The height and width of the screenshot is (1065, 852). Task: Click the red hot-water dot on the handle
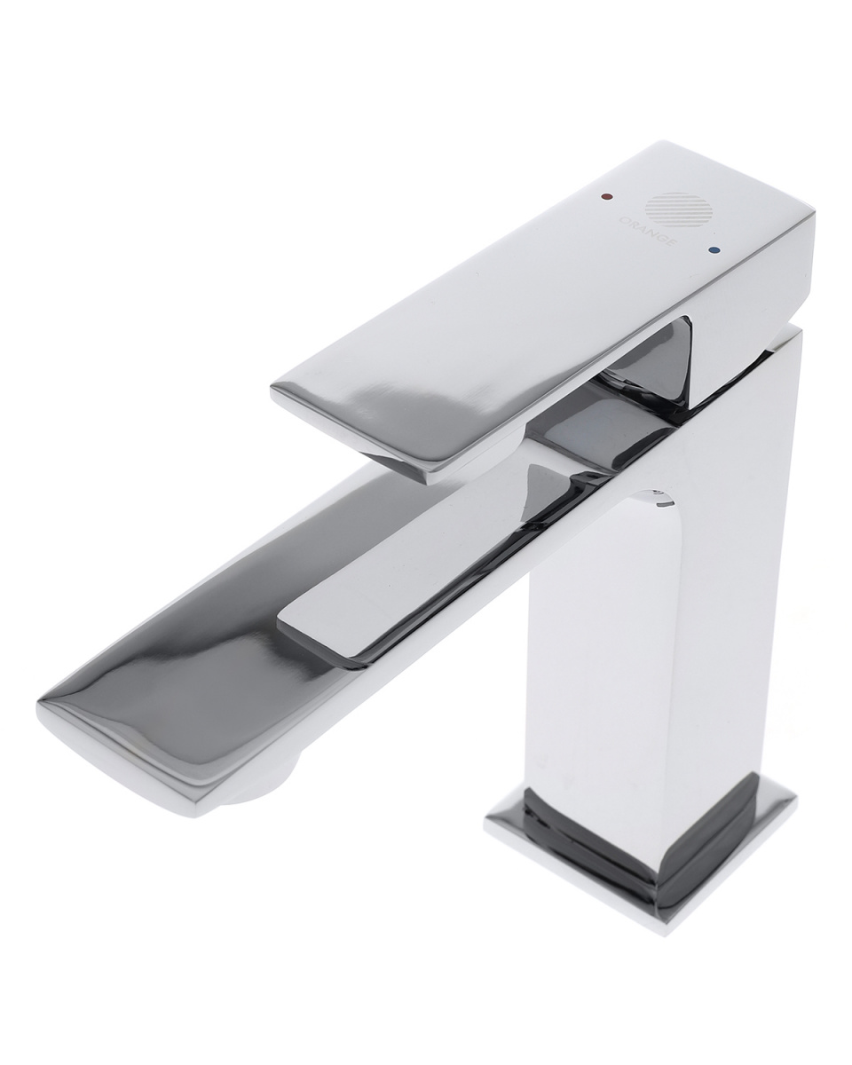click(x=605, y=197)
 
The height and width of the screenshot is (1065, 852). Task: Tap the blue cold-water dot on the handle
click(x=714, y=250)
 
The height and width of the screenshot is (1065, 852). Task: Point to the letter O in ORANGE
click(x=624, y=218)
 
